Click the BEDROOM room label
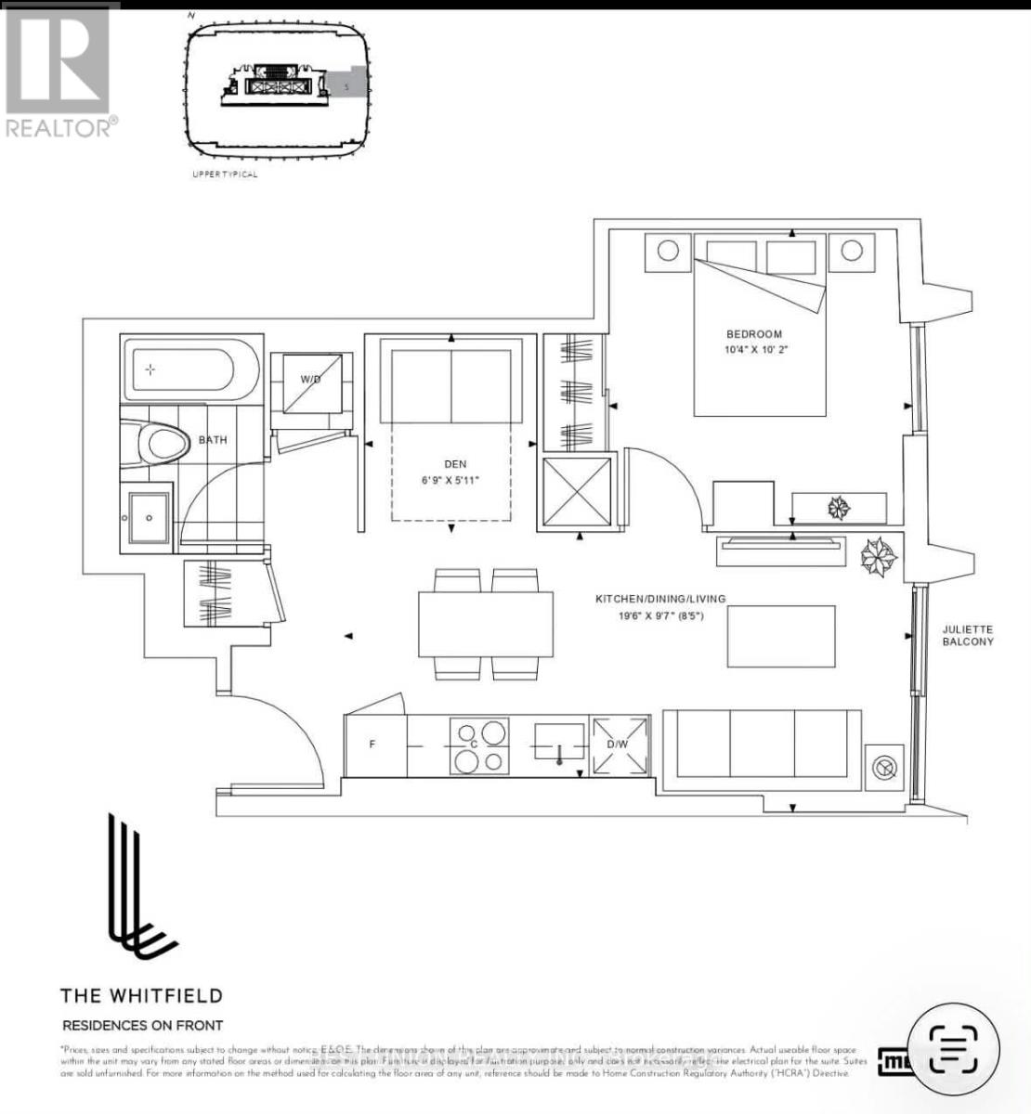754,334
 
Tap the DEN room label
455,464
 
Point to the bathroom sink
148,516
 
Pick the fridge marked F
372,745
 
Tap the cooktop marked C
479,746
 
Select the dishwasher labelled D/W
619,745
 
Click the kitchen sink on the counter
559,740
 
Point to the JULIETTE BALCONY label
968,635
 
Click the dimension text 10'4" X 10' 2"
763,350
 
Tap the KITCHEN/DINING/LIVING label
660,599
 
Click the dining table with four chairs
486,624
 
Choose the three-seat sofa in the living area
763,743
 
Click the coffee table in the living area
780,636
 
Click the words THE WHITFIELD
141,995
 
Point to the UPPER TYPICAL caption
225,175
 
